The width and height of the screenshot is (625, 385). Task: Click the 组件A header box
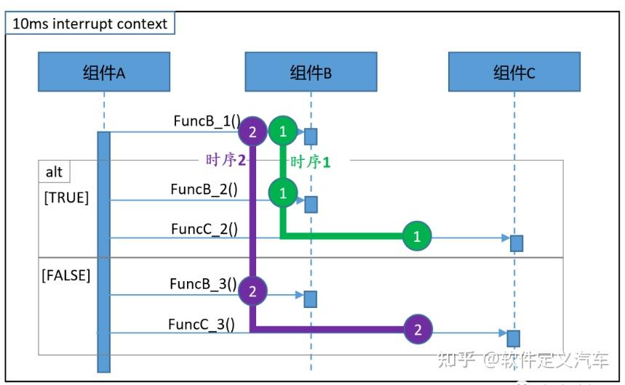pyautogui.click(x=104, y=72)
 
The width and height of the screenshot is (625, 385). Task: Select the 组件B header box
pyautogui.click(x=311, y=72)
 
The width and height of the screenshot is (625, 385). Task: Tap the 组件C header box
pyautogui.click(x=514, y=72)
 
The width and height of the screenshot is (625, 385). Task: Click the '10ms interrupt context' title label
pyautogui.click(x=90, y=23)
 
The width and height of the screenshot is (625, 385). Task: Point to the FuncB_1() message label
pyautogui.click(x=206, y=121)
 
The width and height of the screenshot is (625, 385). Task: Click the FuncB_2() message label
pyautogui.click(x=204, y=189)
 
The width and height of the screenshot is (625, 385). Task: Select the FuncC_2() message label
pyautogui.click(x=204, y=228)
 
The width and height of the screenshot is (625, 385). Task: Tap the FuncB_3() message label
pyautogui.click(x=203, y=283)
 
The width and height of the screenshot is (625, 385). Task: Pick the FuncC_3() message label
pyautogui.click(x=202, y=324)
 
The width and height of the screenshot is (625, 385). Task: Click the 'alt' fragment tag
pyautogui.click(x=54, y=172)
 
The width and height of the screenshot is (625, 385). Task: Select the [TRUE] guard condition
pyautogui.click(x=66, y=198)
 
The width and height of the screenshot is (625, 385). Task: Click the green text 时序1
pyautogui.click(x=311, y=162)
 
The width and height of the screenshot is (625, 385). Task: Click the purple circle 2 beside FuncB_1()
pyautogui.click(x=252, y=131)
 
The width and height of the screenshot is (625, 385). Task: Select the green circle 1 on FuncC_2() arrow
pyautogui.click(x=417, y=236)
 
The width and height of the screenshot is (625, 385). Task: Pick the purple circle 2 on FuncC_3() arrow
pyautogui.click(x=418, y=330)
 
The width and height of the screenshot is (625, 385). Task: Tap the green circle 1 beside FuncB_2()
pyautogui.click(x=283, y=193)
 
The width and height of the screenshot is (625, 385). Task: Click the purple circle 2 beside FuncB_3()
pyautogui.click(x=252, y=291)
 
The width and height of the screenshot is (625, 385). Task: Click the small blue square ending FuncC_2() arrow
pyautogui.click(x=517, y=243)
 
